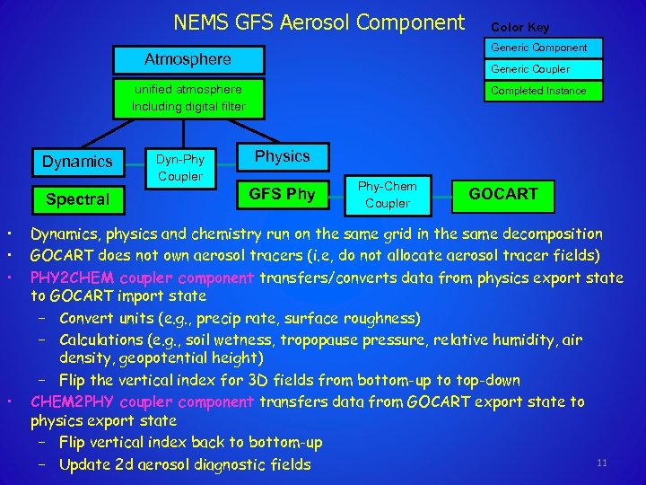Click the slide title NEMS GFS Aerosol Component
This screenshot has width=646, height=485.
pyautogui.click(x=319, y=22)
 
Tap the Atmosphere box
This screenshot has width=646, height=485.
pyautogui.click(x=188, y=60)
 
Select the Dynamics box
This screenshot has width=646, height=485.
pyautogui.click(x=77, y=162)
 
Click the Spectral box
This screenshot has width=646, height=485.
pyautogui.click(x=77, y=198)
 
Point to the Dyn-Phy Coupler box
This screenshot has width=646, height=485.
pyautogui.click(x=180, y=168)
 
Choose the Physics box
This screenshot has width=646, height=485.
pyautogui.click(x=282, y=156)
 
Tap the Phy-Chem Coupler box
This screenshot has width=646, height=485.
pyautogui.click(x=388, y=194)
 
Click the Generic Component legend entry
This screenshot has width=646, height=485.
pyautogui.click(x=538, y=47)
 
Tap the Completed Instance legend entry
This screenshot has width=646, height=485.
pyautogui.click(x=538, y=91)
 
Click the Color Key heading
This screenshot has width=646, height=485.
pyautogui.click(x=519, y=27)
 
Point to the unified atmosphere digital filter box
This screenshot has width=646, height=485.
pyautogui.click(x=188, y=98)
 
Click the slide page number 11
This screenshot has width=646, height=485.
pyautogui.click(x=601, y=463)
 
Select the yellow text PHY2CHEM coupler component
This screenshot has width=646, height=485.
pyautogui.click(x=144, y=278)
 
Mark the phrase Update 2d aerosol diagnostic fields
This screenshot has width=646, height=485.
pyautogui.click(x=185, y=464)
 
